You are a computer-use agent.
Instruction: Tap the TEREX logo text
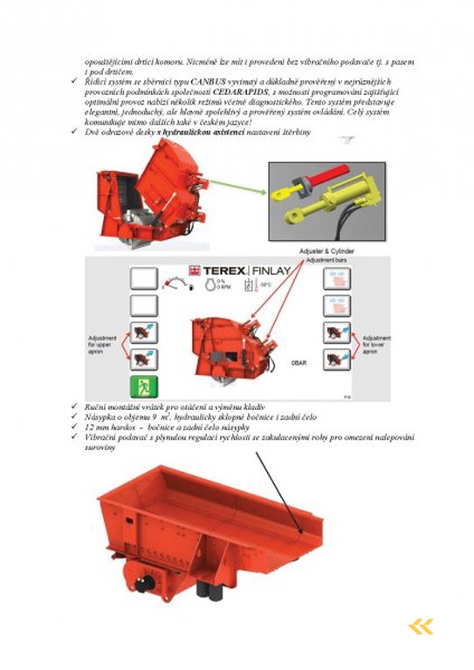click(x=215, y=271)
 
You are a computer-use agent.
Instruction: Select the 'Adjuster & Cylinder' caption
click(x=329, y=251)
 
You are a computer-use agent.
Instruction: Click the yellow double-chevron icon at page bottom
click(x=420, y=626)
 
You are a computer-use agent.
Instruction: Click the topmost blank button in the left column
click(x=143, y=278)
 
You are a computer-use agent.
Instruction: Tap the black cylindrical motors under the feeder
click(x=207, y=590)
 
